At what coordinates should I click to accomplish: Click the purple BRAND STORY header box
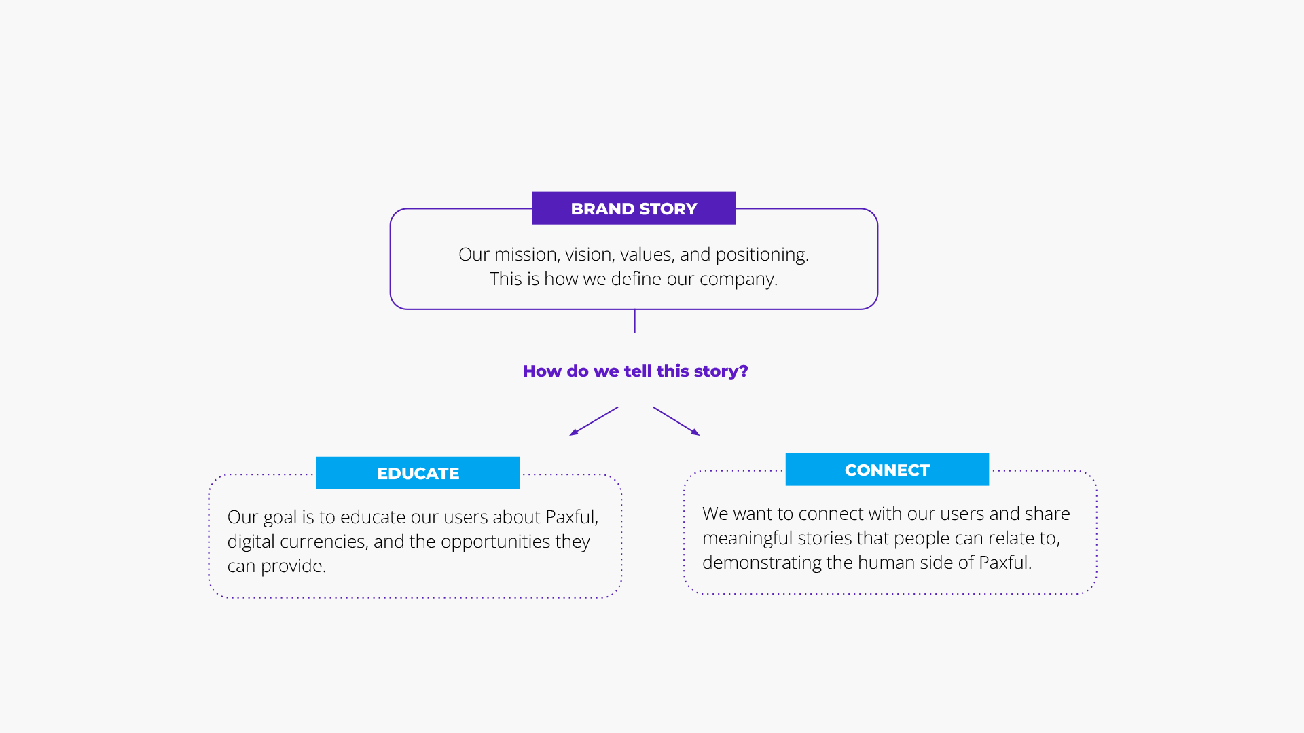634,208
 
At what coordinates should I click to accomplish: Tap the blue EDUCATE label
418,473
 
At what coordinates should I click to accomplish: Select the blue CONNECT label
887,470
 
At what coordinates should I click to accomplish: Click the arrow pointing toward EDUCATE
593,421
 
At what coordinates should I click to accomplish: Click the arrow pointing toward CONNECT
676,421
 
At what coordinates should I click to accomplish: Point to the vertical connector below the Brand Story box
634,321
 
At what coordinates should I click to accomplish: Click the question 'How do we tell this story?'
635,371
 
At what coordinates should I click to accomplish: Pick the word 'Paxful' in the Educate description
570,517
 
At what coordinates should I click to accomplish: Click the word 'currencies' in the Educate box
323,542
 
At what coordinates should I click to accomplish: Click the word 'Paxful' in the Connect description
1004,563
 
